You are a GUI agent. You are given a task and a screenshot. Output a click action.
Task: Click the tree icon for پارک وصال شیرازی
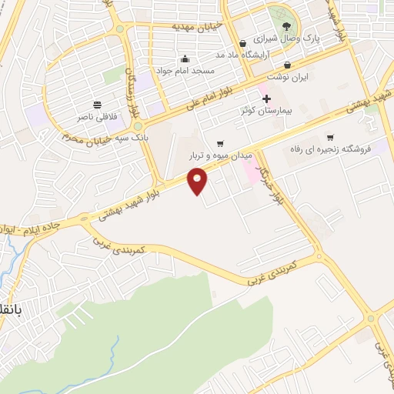pyautogui.click(x=287, y=27)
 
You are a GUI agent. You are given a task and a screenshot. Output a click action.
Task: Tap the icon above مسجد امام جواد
pyautogui.click(x=185, y=58)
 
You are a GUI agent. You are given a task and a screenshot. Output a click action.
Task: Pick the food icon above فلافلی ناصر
pyautogui.click(x=98, y=105)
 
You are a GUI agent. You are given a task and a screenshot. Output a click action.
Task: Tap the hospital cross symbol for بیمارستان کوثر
pyautogui.click(x=266, y=98)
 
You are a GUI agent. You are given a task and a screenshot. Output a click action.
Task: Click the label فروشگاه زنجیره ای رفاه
pyautogui.click(x=339, y=149)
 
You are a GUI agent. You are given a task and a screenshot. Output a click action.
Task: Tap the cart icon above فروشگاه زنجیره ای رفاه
pyautogui.click(x=330, y=137)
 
